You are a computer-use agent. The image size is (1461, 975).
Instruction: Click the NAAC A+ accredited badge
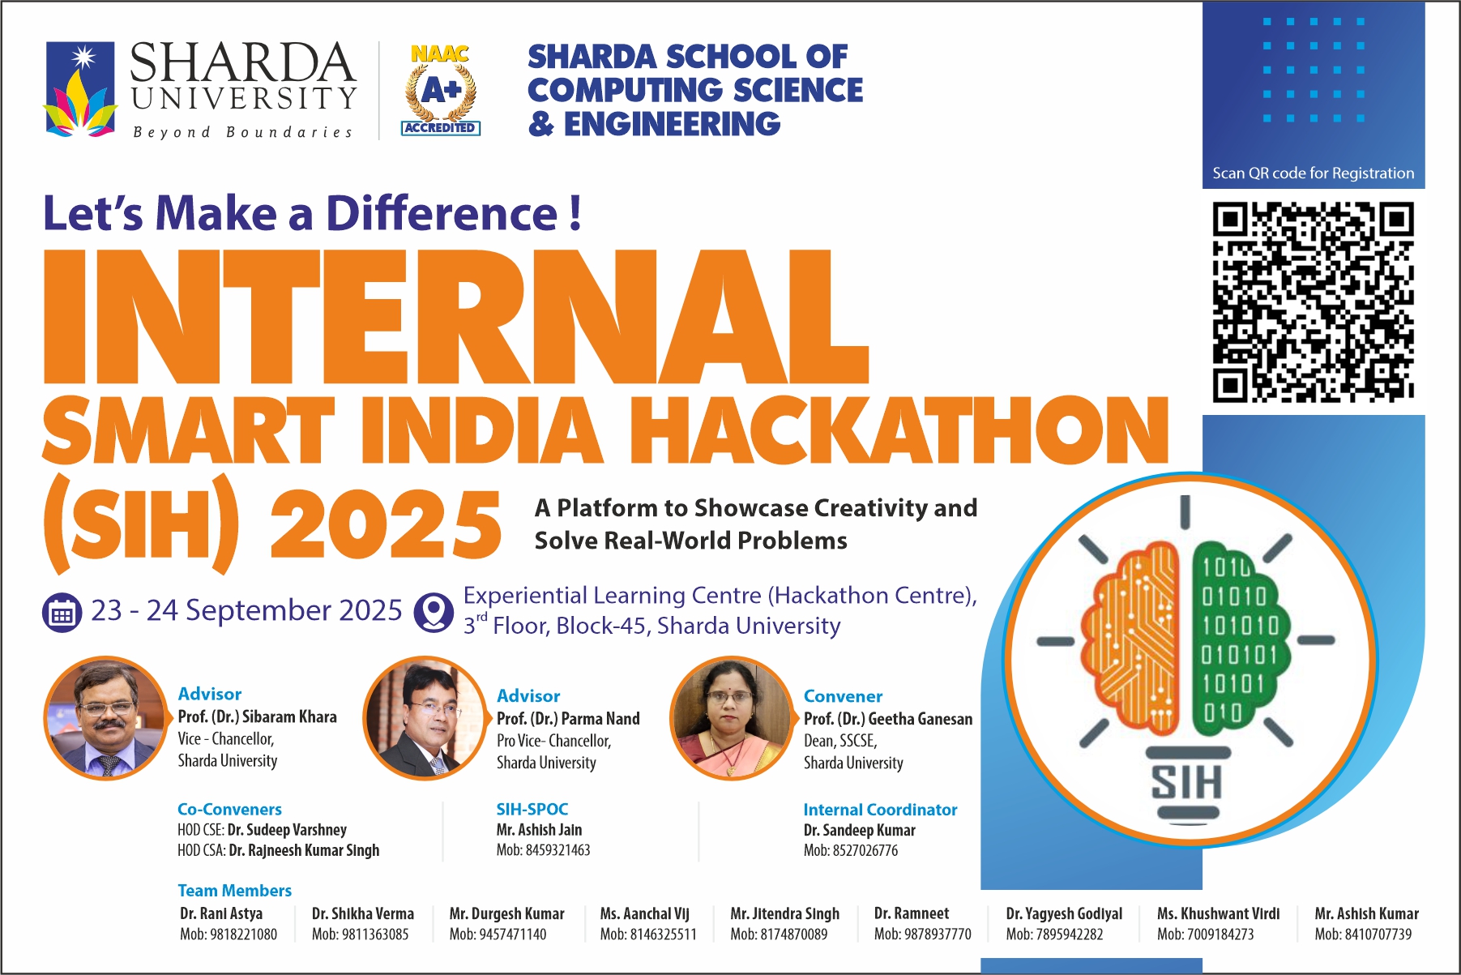pyautogui.click(x=441, y=89)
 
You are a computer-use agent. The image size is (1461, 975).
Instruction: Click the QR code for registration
pyautogui.click(x=1313, y=301)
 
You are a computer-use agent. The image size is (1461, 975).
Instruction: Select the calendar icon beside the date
pyautogui.click(x=62, y=614)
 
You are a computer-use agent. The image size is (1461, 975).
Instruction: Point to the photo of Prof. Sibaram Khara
pyautogui.click(x=106, y=718)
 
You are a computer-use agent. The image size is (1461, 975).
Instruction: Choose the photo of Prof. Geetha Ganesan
pyautogui.click(x=732, y=718)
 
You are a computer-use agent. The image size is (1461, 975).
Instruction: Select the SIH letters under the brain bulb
pyautogui.click(x=1187, y=783)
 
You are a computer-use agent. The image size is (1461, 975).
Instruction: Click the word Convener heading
pyautogui.click(x=843, y=696)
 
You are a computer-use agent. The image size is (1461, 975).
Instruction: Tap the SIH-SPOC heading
pyautogui.click(x=532, y=809)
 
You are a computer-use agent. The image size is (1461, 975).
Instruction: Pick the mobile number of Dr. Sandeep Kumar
pyautogui.click(x=851, y=850)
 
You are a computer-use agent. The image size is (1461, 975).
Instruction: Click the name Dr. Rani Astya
pyautogui.click(x=221, y=913)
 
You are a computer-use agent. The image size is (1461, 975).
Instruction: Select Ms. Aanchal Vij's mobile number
pyautogui.click(x=648, y=934)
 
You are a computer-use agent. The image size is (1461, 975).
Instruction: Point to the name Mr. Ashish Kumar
pyautogui.click(x=1367, y=913)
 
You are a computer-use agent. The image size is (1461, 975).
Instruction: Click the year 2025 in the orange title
pyautogui.click(x=386, y=524)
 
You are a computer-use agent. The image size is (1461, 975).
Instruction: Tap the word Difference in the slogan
pyautogui.click(x=442, y=213)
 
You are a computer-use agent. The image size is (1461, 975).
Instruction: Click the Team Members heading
pyautogui.click(x=235, y=890)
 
